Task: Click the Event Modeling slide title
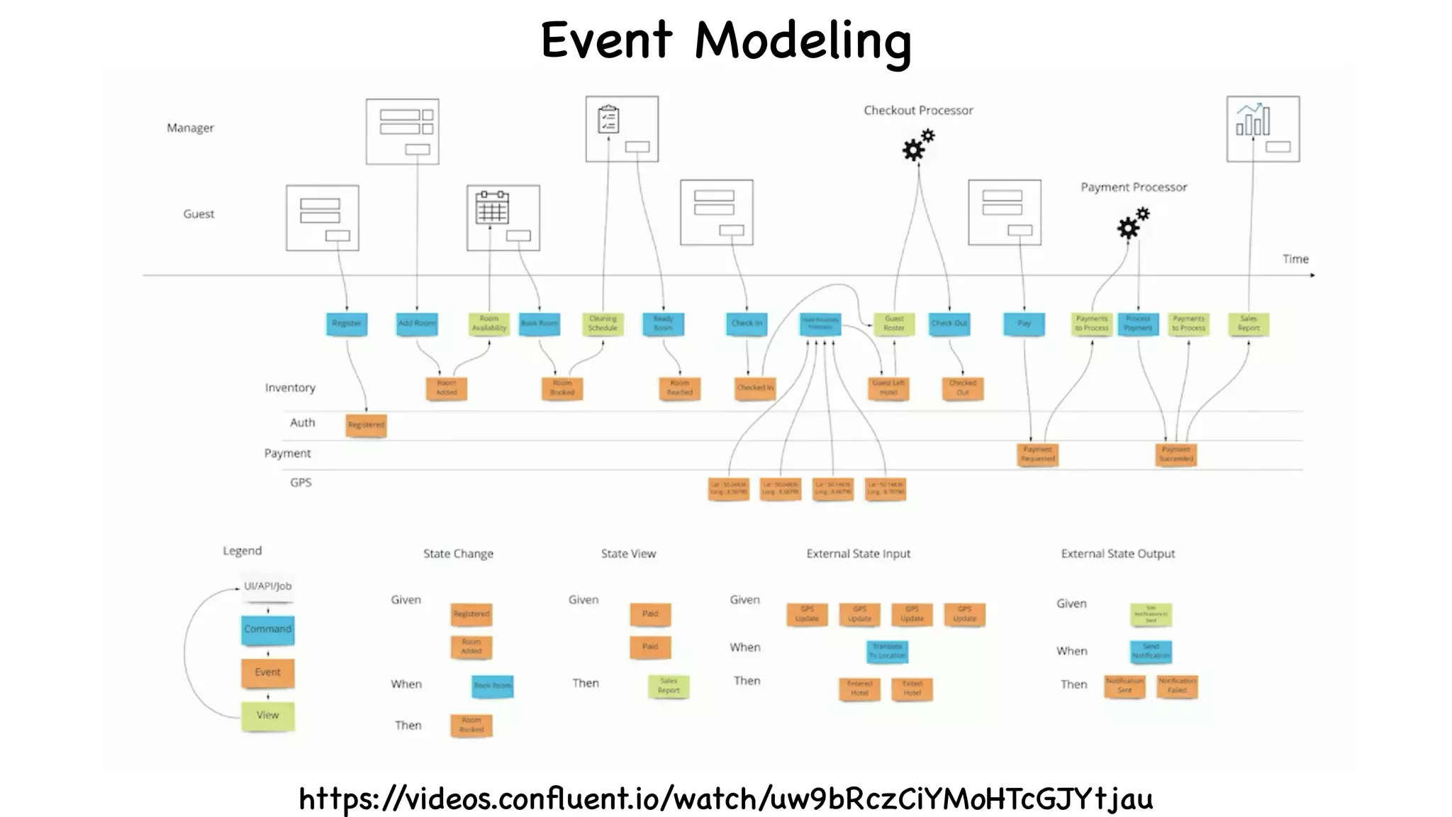(x=725, y=40)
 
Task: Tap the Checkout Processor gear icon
(x=917, y=145)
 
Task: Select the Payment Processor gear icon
(x=1132, y=223)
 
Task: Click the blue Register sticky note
(x=347, y=323)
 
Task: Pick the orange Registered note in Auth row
(x=366, y=425)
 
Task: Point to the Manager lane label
(x=190, y=128)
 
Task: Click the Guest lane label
(x=199, y=213)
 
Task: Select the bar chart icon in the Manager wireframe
(x=1253, y=119)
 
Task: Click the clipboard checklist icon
(x=608, y=119)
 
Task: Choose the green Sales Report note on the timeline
(x=1249, y=323)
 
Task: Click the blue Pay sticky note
(x=1024, y=323)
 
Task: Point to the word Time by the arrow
(x=1295, y=259)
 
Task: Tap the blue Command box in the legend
(x=267, y=629)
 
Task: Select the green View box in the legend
(x=267, y=715)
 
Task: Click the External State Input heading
(x=858, y=553)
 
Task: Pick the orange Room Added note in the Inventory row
(x=446, y=388)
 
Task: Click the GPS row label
(x=301, y=482)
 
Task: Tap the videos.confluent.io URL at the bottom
(x=725, y=799)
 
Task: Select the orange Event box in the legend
(x=267, y=672)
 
